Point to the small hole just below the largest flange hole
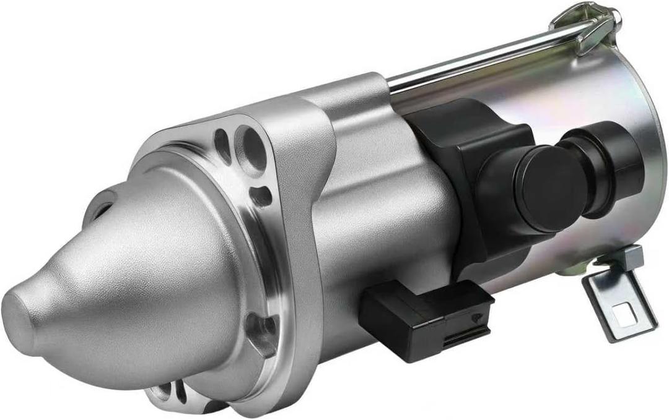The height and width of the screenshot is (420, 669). click(x=260, y=195)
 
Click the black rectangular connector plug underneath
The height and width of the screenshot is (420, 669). click(x=427, y=319)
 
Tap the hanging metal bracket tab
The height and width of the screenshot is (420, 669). click(x=619, y=303)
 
